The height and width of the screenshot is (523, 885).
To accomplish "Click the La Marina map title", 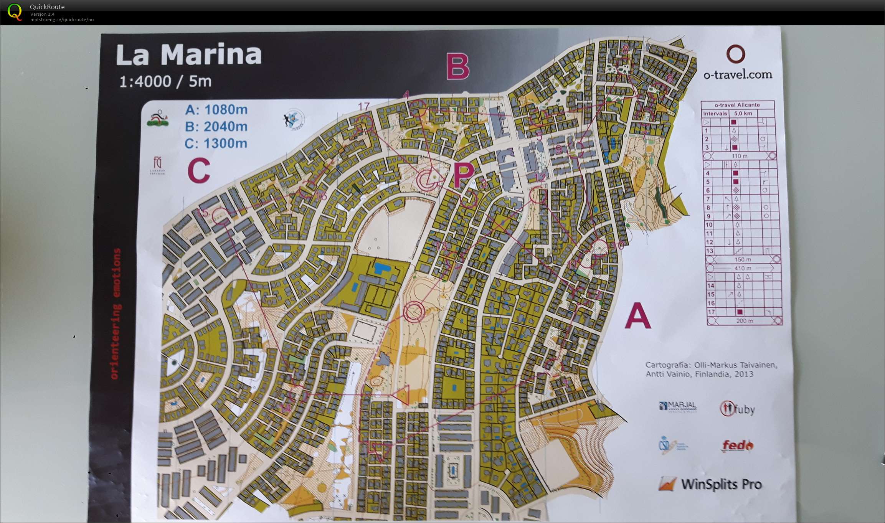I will tap(189, 54).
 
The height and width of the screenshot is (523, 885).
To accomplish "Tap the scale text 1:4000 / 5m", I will tap(165, 81).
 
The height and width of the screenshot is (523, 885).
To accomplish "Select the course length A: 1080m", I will tap(216, 110).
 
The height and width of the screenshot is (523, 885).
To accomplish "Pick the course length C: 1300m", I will tap(216, 144).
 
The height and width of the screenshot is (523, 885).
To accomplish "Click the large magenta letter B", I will tap(457, 67).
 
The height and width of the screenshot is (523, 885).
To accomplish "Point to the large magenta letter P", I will tap(463, 175).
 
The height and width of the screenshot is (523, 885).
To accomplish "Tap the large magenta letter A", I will tap(637, 315).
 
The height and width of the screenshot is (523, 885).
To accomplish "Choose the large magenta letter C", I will tap(199, 171).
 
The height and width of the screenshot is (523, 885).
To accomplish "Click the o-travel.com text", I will tap(738, 74).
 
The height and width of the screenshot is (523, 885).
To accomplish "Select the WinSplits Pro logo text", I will tap(721, 484).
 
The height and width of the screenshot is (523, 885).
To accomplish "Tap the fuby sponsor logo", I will tap(737, 409).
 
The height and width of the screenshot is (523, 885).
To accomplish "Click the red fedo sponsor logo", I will tap(737, 445).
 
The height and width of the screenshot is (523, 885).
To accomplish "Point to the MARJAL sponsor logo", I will tap(678, 406).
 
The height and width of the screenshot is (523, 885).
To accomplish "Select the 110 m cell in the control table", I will tap(739, 156).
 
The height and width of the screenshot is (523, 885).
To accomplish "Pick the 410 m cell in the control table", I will tap(742, 268).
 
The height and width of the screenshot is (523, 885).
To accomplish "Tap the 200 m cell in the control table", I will tap(744, 321).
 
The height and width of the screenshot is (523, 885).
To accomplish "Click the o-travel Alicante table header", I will tap(737, 105).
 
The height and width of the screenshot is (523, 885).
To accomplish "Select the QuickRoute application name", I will tap(47, 7).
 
